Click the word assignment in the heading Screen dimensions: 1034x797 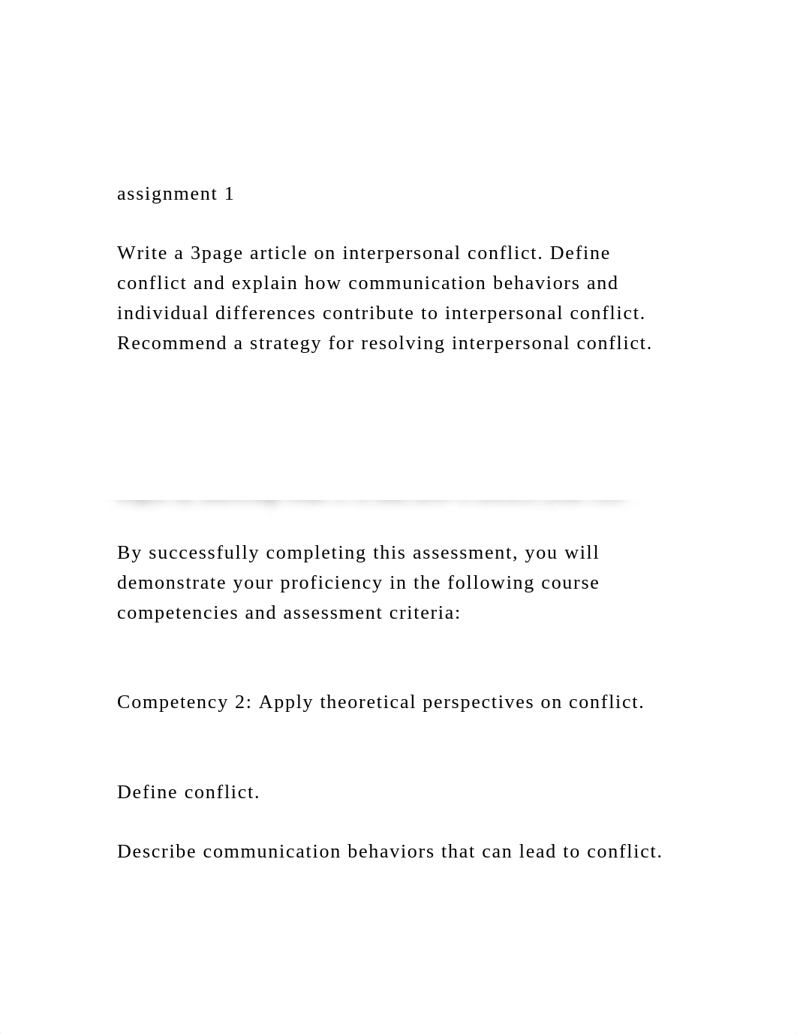167,194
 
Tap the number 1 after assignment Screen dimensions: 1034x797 229,194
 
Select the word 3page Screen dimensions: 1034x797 217,254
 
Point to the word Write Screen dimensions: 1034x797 142,253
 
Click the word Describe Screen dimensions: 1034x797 157,852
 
